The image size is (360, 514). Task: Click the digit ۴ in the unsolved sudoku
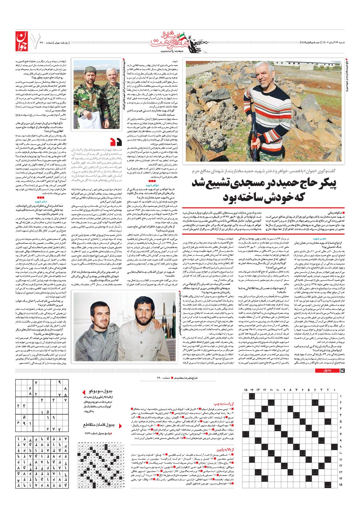click(x=42, y=400)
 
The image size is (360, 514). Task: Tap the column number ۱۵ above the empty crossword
click(x=246, y=390)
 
